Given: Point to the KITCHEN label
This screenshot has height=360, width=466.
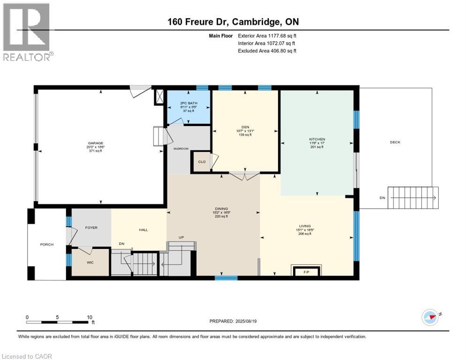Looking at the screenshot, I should pos(316,139).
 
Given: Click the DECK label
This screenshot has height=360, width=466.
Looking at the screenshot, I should pos(395,142).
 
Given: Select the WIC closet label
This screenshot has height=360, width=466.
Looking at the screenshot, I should pos(90,262).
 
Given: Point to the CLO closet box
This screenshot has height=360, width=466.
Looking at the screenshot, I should pos(202,162).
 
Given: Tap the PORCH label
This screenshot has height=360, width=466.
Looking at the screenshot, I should pos(47,244).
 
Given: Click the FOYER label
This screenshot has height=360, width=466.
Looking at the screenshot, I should pos(91,228).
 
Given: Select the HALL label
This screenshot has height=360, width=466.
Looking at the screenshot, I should pos(143,230).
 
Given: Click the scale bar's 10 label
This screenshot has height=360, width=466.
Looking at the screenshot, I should pos(89,317).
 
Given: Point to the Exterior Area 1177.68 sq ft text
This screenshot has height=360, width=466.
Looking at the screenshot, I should pos(267,35).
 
